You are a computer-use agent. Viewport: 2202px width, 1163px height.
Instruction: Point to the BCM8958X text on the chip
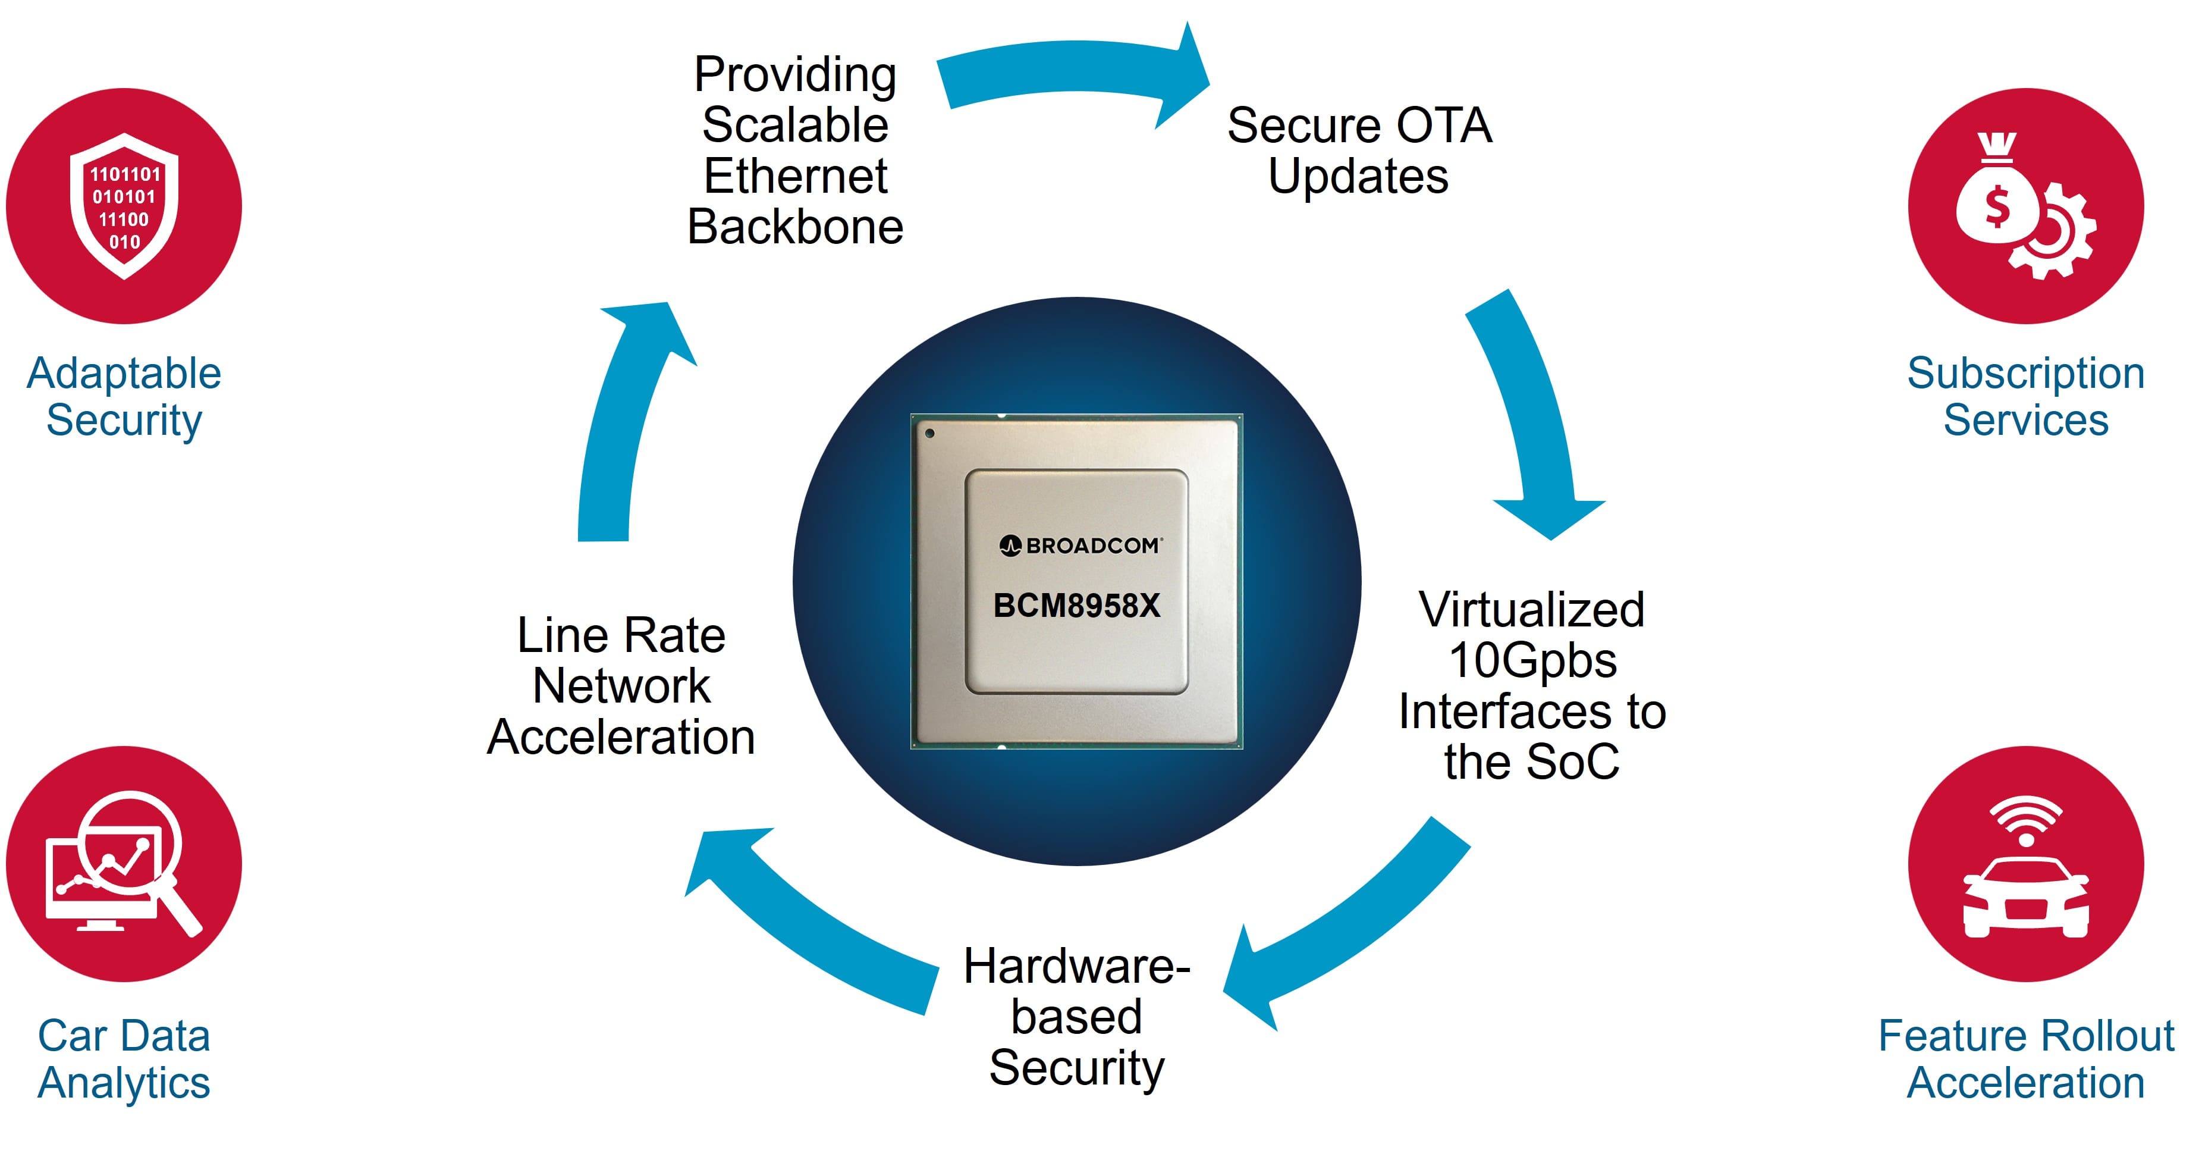tap(1076, 606)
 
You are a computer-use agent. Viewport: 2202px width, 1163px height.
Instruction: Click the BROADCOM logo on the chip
tap(1080, 546)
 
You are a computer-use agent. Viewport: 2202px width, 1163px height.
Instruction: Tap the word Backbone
tap(795, 227)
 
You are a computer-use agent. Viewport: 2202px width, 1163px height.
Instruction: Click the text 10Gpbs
tap(1532, 660)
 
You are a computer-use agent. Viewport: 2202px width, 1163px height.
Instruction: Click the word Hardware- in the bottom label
tap(1076, 966)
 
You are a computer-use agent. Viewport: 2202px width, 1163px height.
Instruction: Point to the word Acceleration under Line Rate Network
tap(621, 737)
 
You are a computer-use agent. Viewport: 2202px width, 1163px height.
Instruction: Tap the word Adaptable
tap(124, 374)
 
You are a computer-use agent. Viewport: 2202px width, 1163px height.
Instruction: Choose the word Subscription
tap(2026, 374)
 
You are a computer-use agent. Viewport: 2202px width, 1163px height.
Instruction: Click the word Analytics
tap(124, 1083)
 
